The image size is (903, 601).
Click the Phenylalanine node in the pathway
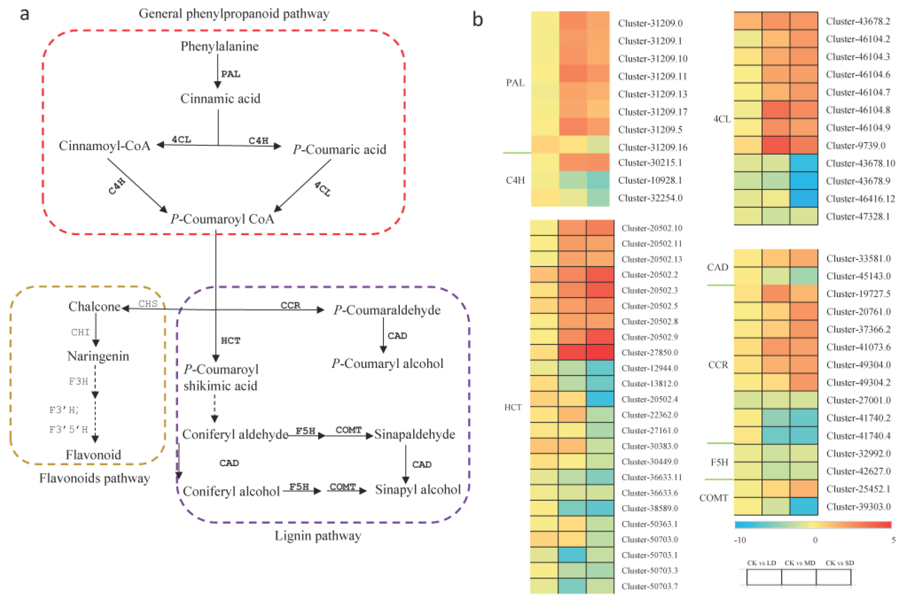(219, 46)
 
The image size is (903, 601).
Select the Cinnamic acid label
(220, 99)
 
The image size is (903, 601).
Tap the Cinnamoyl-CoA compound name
(104, 146)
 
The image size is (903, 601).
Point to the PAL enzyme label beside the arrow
(231, 74)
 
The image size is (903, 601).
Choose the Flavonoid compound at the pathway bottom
(93, 455)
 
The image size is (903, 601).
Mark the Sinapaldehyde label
(415, 435)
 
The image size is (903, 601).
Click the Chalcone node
(94, 307)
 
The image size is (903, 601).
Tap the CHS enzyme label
(148, 304)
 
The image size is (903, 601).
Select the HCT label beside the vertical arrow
(231, 341)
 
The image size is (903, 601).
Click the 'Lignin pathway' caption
(318, 536)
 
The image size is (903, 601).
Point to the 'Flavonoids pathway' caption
(94, 479)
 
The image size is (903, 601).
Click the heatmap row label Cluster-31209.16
(652, 147)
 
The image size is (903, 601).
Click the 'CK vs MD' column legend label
(799, 563)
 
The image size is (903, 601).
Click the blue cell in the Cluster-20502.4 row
(600, 399)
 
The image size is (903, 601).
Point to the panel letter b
(477, 19)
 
